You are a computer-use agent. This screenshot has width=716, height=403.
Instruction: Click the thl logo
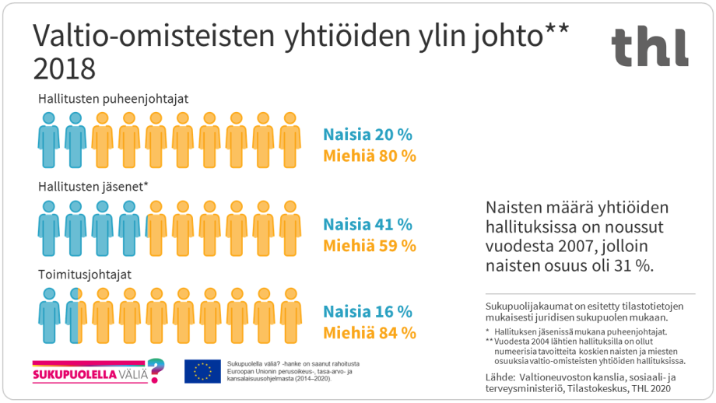[649, 47]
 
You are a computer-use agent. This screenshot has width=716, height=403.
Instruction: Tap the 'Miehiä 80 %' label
[370, 156]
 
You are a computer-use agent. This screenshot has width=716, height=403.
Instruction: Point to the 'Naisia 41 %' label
[367, 224]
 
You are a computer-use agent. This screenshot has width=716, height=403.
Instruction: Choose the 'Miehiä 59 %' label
[370, 245]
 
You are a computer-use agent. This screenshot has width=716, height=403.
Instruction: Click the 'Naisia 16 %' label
[367, 312]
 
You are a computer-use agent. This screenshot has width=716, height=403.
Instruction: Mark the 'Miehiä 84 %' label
[370, 333]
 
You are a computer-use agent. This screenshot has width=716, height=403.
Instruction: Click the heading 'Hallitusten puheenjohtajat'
[114, 99]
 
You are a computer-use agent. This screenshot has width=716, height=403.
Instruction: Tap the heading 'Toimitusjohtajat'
[85, 275]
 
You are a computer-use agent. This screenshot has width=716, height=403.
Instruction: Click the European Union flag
[202, 371]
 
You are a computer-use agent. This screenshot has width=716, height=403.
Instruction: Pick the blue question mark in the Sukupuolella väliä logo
[156, 370]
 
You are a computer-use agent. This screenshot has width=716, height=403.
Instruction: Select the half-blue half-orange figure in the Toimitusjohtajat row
[75, 316]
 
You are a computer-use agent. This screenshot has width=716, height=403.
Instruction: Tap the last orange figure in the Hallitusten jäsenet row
[290, 228]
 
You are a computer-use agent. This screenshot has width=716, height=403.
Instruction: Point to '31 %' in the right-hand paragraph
[634, 265]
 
